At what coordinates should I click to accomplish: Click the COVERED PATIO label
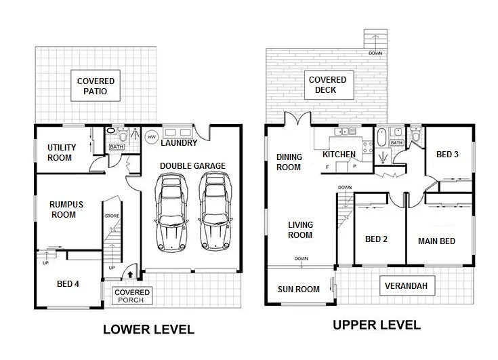96,86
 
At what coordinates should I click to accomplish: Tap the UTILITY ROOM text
62,152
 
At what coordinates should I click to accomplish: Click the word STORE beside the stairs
112,216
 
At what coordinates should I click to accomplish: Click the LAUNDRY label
180,143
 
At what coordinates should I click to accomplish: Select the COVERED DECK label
327,85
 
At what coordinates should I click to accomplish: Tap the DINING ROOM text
289,162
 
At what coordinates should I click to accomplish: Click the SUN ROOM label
299,289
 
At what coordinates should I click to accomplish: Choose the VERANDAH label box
406,286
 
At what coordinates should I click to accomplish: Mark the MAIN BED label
436,241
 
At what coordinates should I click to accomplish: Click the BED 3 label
447,155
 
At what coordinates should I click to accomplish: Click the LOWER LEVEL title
148,330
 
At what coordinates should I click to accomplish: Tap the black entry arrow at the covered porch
130,274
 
